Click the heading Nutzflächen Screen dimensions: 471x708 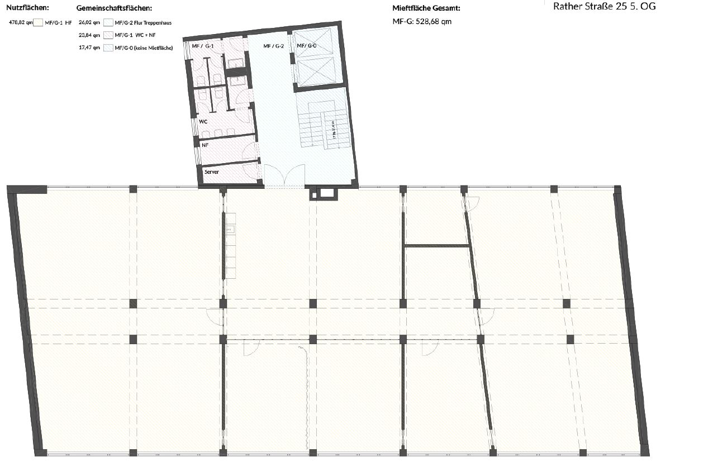pyautogui.click(x=27, y=8)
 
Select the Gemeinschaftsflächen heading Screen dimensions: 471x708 pyautogui.click(x=114, y=8)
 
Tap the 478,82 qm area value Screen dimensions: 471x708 pyautogui.click(x=20, y=23)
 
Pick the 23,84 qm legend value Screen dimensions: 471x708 pyautogui.click(x=89, y=35)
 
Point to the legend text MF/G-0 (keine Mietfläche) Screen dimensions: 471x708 pyautogui.click(x=144, y=47)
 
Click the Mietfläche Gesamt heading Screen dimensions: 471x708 pyautogui.click(x=426, y=8)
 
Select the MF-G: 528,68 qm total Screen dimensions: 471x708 pyautogui.click(x=422, y=21)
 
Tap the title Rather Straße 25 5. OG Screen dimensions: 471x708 pyautogui.click(x=604, y=7)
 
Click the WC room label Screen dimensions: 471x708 pyautogui.click(x=203, y=121)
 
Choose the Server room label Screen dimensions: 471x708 pyautogui.click(x=211, y=172)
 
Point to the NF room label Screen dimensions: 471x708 pyautogui.click(x=205, y=145)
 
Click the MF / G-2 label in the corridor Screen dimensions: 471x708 pyautogui.click(x=274, y=46)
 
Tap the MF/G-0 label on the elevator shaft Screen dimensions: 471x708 pyautogui.click(x=306, y=46)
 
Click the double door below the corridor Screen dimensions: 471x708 pyautogui.click(x=284, y=178)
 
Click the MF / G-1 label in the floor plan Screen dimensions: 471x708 pyautogui.click(x=202, y=46)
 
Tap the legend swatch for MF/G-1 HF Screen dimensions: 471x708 pyautogui.click(x=39, y=23)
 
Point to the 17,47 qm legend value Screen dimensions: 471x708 pyautogui.click(x=89, y=47)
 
